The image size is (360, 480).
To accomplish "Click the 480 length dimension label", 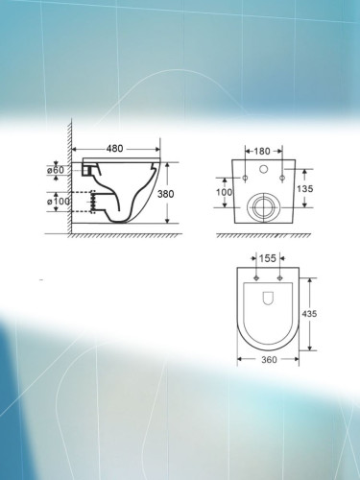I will [114, 149].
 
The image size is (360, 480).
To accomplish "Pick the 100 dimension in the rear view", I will [225, 193].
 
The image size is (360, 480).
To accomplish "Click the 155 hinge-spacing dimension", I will [267, 259].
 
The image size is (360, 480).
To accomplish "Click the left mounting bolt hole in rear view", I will [246, 179].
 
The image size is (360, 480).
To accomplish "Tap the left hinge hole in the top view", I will [256, 278].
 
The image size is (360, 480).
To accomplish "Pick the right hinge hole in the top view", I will [278, 278].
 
